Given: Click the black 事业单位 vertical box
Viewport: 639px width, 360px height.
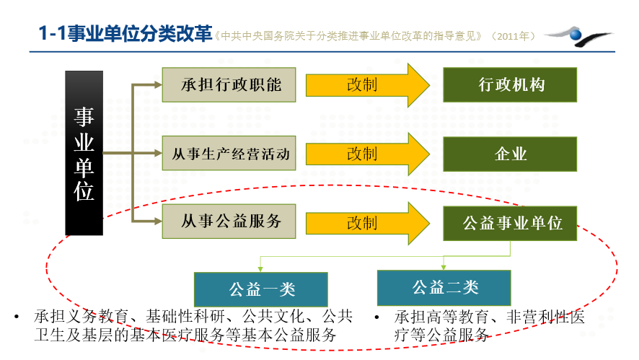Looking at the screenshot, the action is (x=84, y=153).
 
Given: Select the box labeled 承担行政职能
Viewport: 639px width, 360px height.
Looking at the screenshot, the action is (x=229, y=85).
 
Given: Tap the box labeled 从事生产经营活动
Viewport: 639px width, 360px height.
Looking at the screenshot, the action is (x=229, y=153).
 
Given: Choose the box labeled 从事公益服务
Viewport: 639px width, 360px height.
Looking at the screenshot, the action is (x=229, y=221).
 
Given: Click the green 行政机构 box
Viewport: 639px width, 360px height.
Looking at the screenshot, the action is (x=510, y=85).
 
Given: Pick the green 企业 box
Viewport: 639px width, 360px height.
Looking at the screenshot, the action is (x=510, y=154).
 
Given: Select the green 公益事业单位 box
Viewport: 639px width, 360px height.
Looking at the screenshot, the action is (x=510, y=224).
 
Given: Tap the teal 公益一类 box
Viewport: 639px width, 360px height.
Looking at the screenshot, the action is (x=261, y=289).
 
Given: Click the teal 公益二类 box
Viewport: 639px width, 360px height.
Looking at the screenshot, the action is (x=444, y=288).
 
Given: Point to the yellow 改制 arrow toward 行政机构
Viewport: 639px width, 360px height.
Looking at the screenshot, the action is (x=368, y=85).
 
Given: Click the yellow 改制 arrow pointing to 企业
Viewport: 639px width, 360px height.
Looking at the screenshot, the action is (x=368, y=154).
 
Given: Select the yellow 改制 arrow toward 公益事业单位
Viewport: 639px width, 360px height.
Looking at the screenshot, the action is (x=368, y=223).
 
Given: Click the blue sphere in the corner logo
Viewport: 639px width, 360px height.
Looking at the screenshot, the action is (x=576, y=35).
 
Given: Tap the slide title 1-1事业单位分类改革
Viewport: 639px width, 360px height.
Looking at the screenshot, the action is (x=125, y=33).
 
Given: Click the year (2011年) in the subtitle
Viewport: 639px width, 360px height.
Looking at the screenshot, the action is (x=513, y=36).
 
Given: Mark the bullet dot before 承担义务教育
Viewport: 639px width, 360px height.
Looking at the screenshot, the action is (x=17, y=317).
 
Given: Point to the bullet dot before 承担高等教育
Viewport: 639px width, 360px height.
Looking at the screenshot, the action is (x=377, y=317).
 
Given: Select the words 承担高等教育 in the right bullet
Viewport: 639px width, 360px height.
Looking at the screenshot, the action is (x=442, y=317).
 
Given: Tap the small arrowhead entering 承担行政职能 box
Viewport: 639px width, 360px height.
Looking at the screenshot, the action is (x=158, y=85).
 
